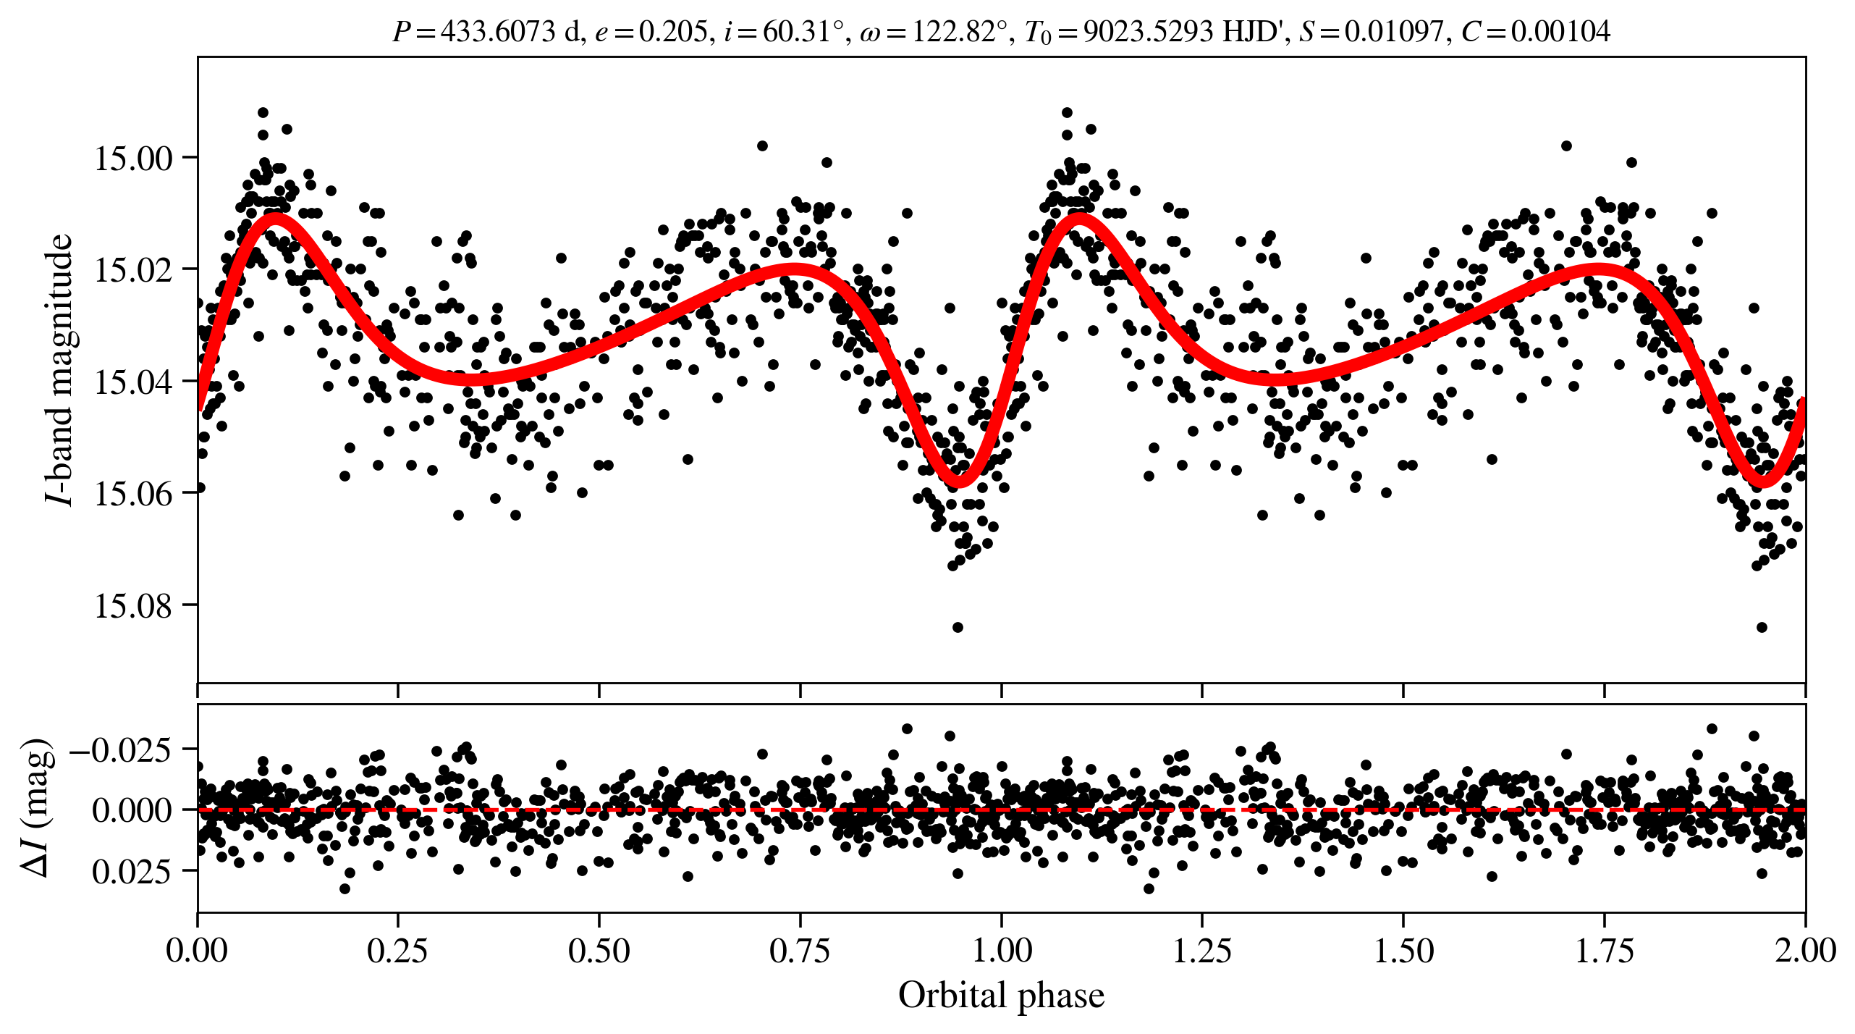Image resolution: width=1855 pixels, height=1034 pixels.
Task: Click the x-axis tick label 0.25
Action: (397, 951)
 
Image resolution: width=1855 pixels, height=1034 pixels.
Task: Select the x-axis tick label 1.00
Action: (1001, 951)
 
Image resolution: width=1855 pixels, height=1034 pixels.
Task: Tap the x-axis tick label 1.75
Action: (1604, 951)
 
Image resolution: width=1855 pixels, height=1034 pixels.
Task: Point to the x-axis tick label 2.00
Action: (1805, 951)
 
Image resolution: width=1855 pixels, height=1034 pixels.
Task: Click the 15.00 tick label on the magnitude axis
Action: (134, 158)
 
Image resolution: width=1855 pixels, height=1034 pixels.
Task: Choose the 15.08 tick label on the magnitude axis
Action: (134, 605)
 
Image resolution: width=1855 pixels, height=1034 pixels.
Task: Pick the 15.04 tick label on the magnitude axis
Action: (134, 382)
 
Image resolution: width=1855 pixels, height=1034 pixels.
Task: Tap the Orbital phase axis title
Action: (1001, 996)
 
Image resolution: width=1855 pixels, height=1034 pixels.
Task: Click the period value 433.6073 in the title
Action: (498, 32)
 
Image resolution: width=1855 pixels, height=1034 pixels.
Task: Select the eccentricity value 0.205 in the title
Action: (672, 32)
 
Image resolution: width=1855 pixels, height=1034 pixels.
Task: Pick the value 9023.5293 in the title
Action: (1148, 32)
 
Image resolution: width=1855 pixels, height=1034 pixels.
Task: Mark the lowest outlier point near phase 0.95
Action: (958, 627)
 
